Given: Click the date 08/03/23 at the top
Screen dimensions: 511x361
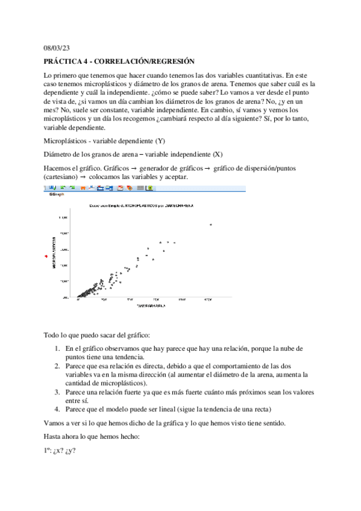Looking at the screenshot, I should (x=57, y=49).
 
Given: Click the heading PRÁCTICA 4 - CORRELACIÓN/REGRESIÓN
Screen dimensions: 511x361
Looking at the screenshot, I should (x=120, y=61).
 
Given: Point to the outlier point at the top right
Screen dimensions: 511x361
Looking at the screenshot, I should (x=210, y=224).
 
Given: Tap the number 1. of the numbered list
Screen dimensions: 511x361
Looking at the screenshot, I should (x=57, y=348).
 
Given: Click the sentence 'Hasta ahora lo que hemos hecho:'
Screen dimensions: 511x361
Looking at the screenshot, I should (x=92, y=436).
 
